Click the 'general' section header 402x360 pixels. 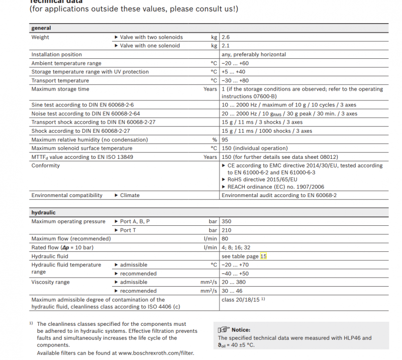coord(41,28)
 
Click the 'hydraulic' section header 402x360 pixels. coord(44,213)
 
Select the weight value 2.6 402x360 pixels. coord(226,37)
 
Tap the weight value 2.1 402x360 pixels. coord(225,46)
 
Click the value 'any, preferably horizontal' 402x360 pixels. coord(254,54)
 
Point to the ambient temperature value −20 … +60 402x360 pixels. coord(235,63)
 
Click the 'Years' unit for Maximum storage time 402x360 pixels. coord(210,89)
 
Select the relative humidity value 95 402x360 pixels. coord(225,139)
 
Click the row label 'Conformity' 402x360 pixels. coord(46,165)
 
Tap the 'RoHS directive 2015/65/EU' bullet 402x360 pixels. coord(262,179)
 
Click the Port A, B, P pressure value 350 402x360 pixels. coord(227,221)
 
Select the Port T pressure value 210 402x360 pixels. coord(226,230)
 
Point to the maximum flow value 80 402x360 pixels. coord(225,239)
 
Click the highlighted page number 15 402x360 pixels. coord(263,256)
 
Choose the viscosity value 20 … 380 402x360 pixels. coord(235,283)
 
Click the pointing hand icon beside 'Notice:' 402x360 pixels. coord(223,329)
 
